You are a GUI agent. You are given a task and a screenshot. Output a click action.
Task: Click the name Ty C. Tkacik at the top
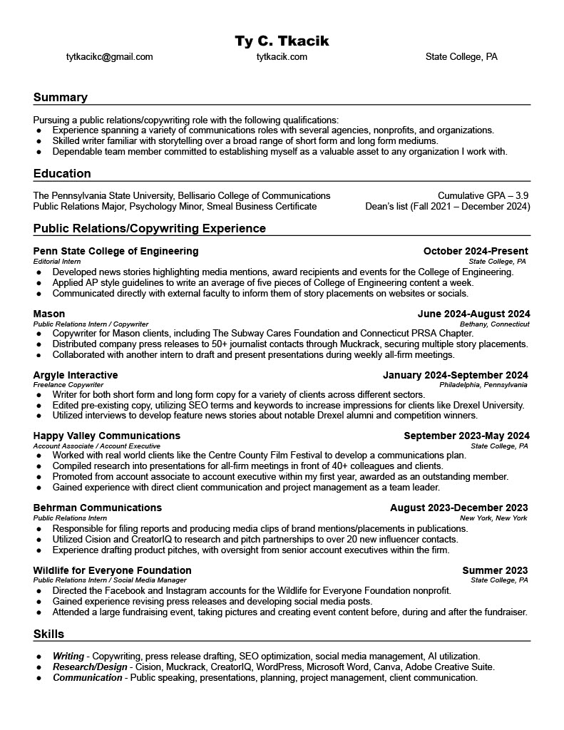click(x=282, y=41)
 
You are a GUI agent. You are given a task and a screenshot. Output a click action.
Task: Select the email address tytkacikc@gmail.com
click(x=109, y=57)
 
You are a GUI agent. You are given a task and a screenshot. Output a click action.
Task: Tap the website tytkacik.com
click(x=282, y=57)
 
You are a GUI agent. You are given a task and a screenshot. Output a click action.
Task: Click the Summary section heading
click(x=61, y=97)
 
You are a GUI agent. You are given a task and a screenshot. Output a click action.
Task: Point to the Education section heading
click(x=62, y=173)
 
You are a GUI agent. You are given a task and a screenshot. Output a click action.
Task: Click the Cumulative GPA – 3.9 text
click(x=483, y=195)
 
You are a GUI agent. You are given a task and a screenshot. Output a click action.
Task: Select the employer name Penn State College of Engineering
click(x=116, y=251)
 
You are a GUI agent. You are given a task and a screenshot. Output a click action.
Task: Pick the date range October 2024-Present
click(x=476, y=251)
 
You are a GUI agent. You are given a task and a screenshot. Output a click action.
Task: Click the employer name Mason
click(x=49, y=314)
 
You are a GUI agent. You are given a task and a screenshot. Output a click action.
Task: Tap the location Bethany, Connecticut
click(x=494, y=324)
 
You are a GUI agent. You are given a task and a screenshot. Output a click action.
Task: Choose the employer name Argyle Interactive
click(x=76, y=375)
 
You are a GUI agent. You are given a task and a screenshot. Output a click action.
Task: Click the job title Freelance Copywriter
click(x=68, y=385)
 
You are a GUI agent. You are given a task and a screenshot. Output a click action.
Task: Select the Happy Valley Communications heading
click(x=107, y=436)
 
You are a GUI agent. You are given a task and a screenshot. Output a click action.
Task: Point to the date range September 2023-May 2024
click(x=466, y=436)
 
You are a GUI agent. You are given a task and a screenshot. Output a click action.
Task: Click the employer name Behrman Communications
click(x=98, y=508)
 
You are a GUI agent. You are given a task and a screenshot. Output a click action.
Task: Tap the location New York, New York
click(x=493, y=518)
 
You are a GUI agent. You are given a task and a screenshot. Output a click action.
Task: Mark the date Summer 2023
click(x=495, y=570)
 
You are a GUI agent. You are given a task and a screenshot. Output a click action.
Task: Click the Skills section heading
click(x=48, y=634)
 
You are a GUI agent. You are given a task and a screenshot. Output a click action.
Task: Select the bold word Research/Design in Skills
click(x=89, y=667)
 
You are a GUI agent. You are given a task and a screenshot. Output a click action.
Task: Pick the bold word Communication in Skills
click(x=88, y=678)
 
